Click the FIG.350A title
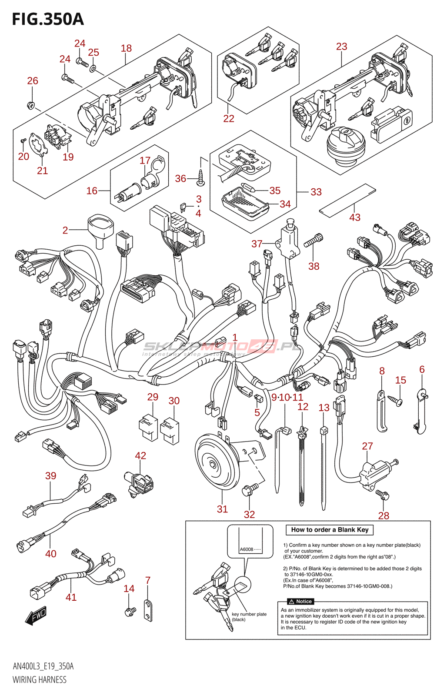(48, 20)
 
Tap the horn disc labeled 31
(217, 463)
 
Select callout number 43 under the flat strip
(355, 217)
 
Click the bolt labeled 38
(313, 241)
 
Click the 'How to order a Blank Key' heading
(330, 530)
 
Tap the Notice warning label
(300, 602)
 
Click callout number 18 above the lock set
(126, 48)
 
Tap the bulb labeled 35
(248, 188)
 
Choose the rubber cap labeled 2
(100, 228)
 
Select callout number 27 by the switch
(367, 446)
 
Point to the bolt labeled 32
(249, 490)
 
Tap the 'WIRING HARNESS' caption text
(40, 680)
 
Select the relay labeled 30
(170, 431)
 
